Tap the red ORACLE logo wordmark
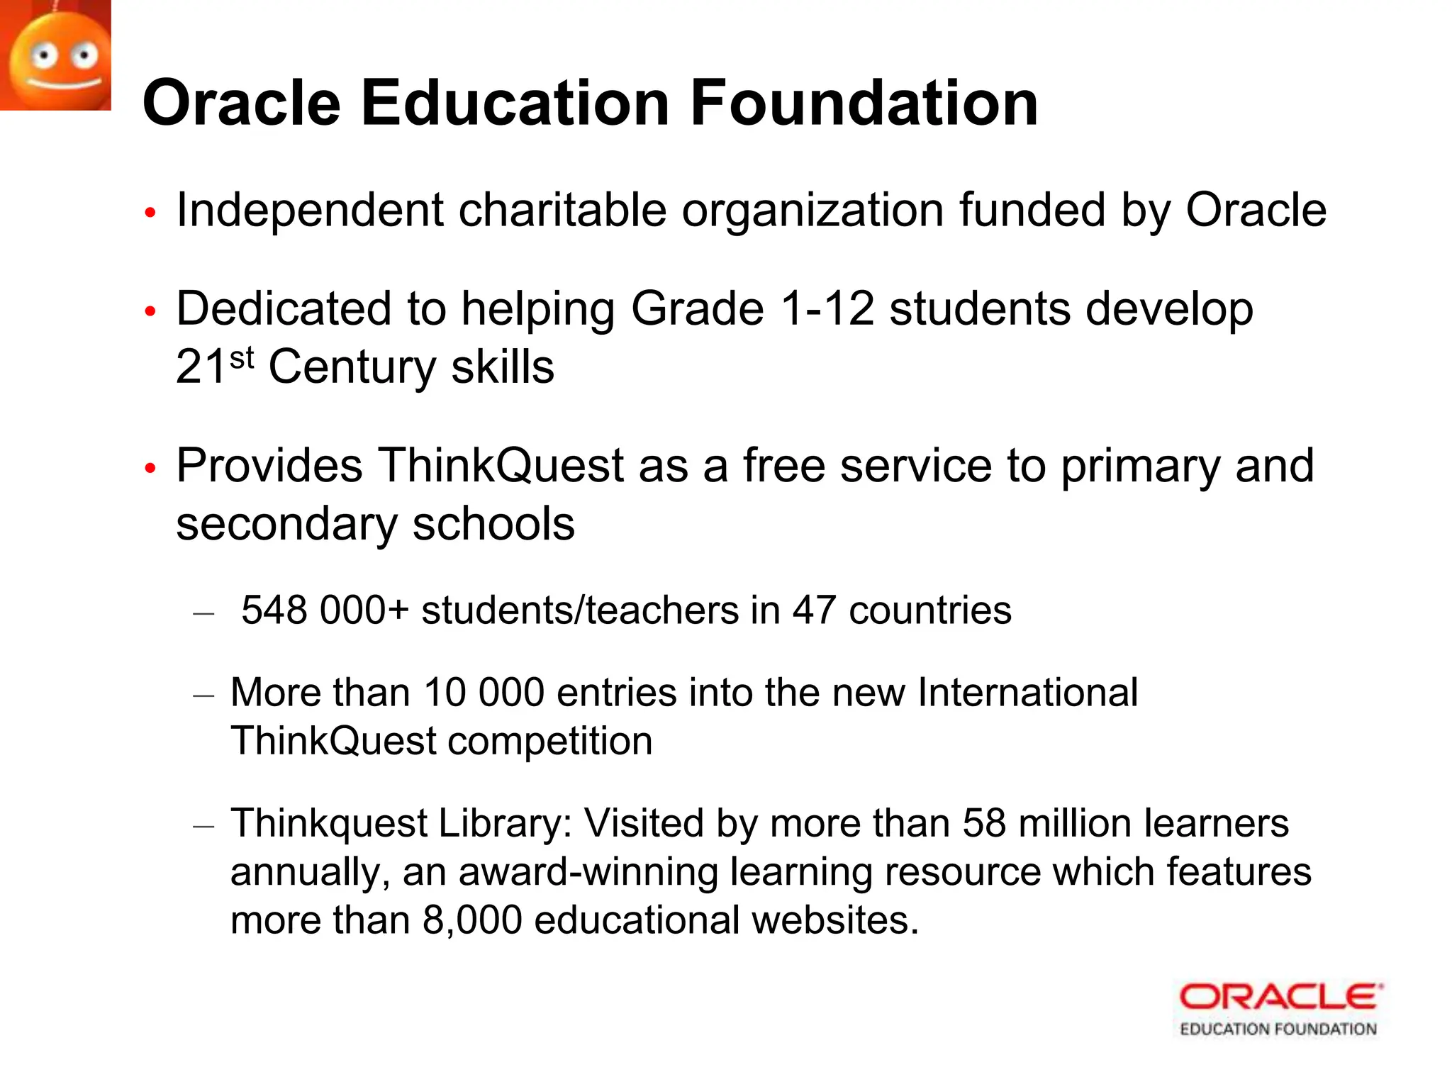(x=1280, y=998)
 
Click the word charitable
(x=562, y=211)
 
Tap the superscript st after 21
(x=242, y=358)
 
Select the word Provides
(x=269, y=466)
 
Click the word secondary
(x=286, y=525)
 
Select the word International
(x=1027, y=693)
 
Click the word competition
(x=549, y=742)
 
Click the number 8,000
(x=472, y=920)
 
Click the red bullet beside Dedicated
(x=150, y=311)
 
